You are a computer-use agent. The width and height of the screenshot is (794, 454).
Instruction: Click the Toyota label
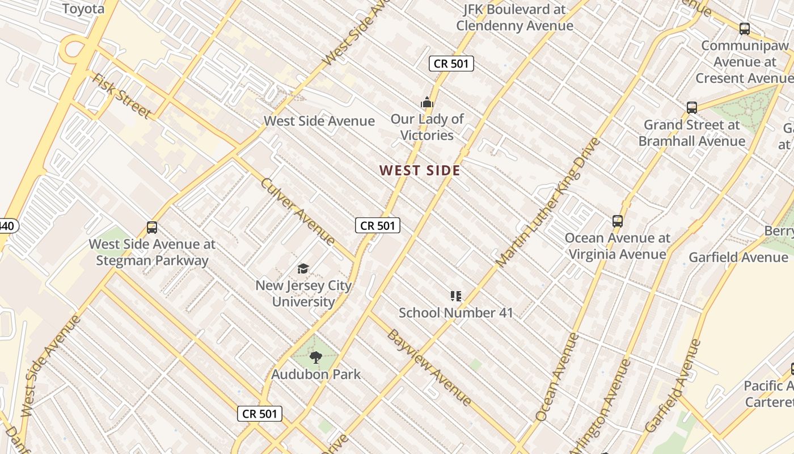(83, 9)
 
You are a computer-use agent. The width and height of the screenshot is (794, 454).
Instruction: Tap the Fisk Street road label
(121, 96)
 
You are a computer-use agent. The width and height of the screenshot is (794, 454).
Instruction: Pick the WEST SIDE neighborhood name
(420, 170)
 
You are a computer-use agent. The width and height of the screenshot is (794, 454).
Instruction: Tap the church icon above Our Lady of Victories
(427, 102)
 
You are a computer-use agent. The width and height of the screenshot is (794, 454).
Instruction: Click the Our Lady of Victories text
(427, 127)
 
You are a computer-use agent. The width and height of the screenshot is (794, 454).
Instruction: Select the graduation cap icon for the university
(303, 268)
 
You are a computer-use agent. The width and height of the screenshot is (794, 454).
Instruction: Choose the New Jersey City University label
(303, 293)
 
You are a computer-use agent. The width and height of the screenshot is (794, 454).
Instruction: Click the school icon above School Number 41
(456, 296)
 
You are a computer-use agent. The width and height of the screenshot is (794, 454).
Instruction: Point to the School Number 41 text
(456, 313)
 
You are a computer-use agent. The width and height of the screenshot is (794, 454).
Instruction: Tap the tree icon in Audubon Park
(316, 358)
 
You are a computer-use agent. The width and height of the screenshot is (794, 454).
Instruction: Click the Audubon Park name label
(316, 375)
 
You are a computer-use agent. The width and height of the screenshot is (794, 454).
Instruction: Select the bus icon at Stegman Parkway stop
(152, 228)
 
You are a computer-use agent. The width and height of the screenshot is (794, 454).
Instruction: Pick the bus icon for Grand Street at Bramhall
(692, 107)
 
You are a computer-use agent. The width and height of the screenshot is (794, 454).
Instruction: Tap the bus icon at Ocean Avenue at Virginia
(618, 221)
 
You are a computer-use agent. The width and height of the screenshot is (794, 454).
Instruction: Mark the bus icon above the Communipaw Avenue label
(745, 28)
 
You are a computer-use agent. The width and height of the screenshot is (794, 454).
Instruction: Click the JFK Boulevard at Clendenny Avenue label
(514, 18)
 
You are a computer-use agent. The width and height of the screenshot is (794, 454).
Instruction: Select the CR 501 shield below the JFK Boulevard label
(451, 64)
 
